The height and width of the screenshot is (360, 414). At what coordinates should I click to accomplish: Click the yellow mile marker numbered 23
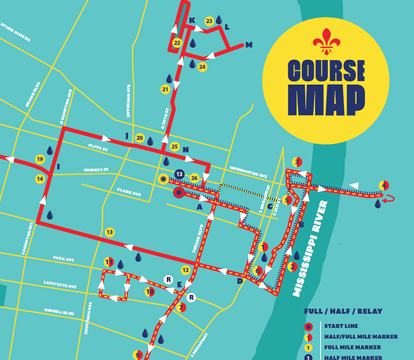(x=209, y=22)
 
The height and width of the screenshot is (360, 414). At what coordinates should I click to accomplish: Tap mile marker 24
(x=202, y=66)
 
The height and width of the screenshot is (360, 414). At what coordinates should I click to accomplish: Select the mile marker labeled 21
(x=166, y=89)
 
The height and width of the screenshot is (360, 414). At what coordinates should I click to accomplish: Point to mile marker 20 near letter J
(x=139, y=138)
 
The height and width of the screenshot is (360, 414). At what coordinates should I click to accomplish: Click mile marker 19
(x=39, y=159)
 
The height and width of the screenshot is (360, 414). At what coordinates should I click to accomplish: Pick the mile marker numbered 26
(x=195, y=177)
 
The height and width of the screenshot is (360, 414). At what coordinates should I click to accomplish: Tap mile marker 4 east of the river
(x=383, y=185)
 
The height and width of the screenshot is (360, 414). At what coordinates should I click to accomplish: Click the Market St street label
(x=96, y=170)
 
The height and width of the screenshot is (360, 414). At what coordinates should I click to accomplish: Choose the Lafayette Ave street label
(x=64, y=286)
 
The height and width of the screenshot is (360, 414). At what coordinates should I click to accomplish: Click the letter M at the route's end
(x=249, y=45)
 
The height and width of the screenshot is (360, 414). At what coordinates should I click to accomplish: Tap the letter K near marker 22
(x=192, y=20)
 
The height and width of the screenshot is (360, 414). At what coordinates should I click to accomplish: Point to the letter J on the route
(x=127, y=136)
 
